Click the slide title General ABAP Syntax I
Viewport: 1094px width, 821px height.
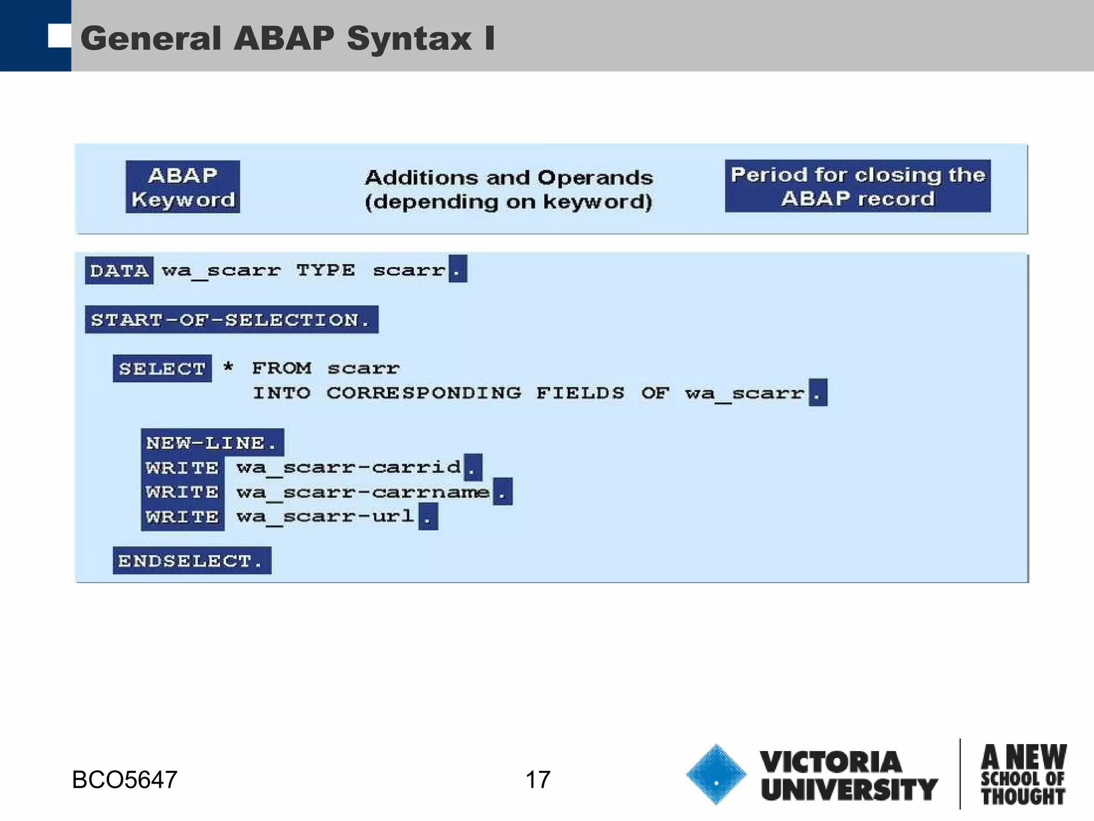pyautogui.click(x=287, y=38)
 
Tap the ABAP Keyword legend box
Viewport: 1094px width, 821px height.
pyautogui.click(x=183, y=187)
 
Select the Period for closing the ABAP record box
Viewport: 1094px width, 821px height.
pyautogui.click(x=857, y=186)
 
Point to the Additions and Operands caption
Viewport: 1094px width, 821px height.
pyautogui.click(x=509, y=189)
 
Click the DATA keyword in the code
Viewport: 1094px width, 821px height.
pyautogui.click(x=119, y=270)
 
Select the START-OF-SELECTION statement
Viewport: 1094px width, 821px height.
pyautogui.click(x=231, y=320)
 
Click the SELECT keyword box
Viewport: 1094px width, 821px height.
pyautogui.click(x=162, y=368)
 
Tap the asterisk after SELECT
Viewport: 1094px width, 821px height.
pyautogui.click(x=228, y=367)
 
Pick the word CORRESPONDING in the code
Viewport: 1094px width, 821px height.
pyautogui.click(x=424, y=393)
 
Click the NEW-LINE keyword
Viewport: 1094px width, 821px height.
pyautogui.click(x=212, y=443)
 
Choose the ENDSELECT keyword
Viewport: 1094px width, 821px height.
pyautogui.click(x=191, y=561)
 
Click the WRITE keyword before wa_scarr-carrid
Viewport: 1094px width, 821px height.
pyautogui.click(x=182, y=468)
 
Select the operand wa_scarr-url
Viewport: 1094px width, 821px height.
pyautogui.click(x=325, y=516)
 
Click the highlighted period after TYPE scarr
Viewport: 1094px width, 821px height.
pyautogui.click(x=458, y=269)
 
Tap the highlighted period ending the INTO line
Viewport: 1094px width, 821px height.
pyautogui.click(x=817, y=393)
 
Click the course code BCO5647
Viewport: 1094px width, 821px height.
pyautogui.click(x=124, y=780)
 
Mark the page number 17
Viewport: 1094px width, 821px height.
pyautogui.click(x=537, y=780)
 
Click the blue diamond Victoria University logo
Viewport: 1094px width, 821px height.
pyautogui.click(x=716, y=774)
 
